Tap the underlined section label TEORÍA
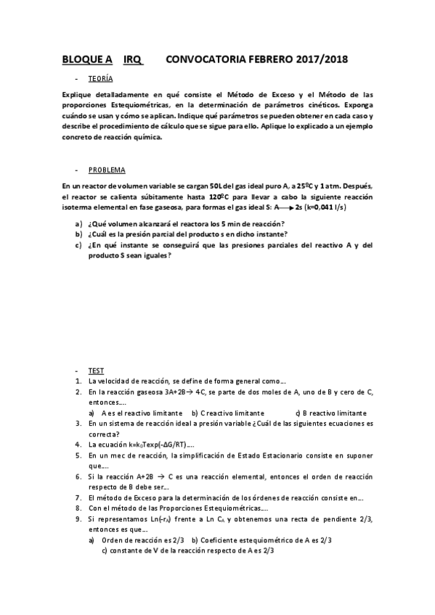tap(100, 78)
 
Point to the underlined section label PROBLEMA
tap(107, 170)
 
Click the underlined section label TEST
tap(96, 370)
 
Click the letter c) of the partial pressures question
tap(78, 244)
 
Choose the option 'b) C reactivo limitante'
tap(228, 413)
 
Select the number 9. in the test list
tap(78, 519)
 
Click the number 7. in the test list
tap(78, 498)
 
